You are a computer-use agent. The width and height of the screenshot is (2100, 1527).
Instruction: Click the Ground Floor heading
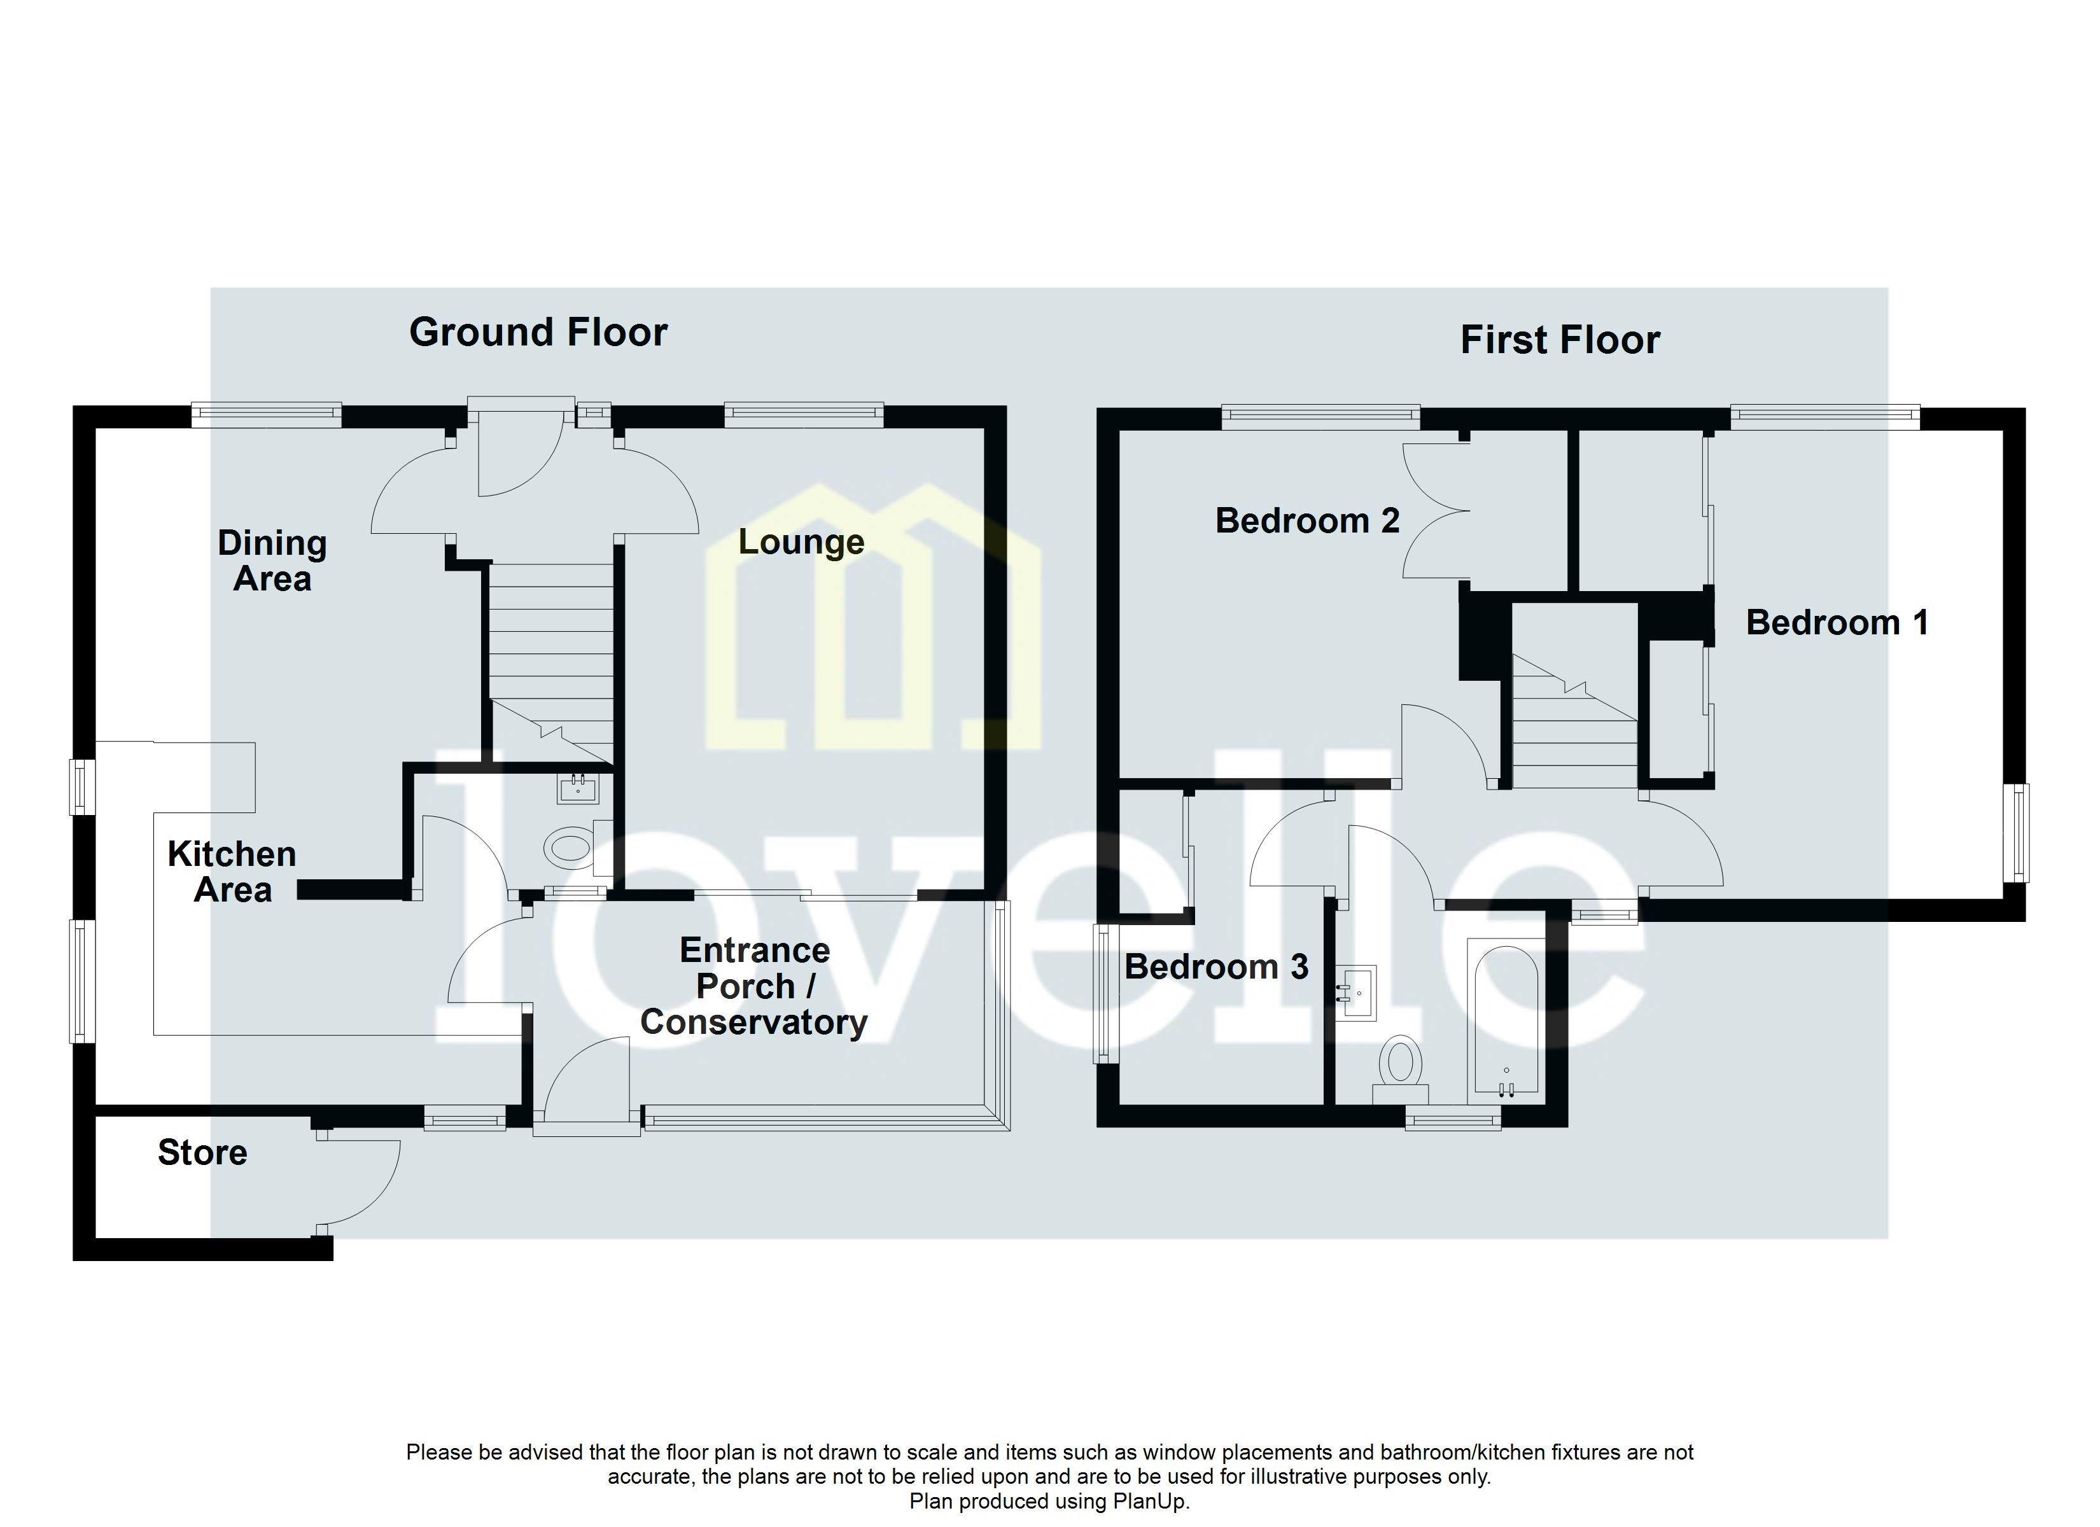538,332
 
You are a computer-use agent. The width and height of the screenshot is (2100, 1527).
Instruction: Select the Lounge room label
801,541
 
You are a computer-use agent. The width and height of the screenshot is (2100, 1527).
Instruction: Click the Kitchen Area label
232,872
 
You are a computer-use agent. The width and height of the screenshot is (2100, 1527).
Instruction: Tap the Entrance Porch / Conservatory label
753,986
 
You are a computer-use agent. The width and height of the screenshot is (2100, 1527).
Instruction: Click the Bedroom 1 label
1837,622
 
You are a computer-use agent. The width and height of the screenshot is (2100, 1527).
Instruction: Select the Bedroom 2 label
1306,521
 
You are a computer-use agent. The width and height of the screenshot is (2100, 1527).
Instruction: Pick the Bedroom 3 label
1215,966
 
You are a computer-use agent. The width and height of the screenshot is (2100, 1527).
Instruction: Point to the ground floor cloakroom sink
578,789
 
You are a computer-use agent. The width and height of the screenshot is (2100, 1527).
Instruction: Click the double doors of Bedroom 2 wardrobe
1433,523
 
